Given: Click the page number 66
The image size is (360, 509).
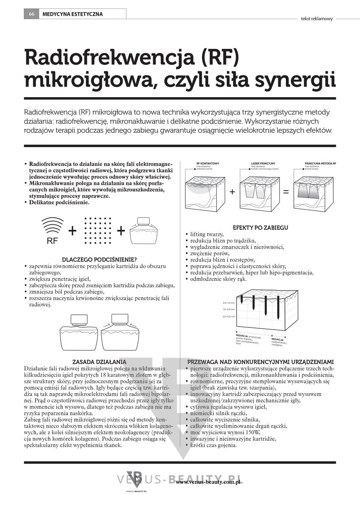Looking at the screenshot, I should [x=31, y=14].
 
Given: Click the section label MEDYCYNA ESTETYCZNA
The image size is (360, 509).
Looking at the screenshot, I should [x=73, y=14].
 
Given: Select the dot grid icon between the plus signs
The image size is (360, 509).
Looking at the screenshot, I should [x=97, y=231].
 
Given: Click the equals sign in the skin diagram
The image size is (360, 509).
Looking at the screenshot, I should [x=286, y=192].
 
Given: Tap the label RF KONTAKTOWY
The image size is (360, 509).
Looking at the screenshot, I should [x=208, y=163].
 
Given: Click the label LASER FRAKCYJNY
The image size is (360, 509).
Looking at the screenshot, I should [x=263, y=163].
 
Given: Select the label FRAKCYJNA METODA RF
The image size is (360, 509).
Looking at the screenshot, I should [x=320, y=163].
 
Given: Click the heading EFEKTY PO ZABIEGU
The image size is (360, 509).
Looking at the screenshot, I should [x=260, y=228].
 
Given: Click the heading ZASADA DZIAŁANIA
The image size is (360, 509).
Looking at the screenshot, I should [x=99, y=362].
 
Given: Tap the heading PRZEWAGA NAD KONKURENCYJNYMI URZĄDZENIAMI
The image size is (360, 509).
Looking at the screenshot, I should [x=260, y=362].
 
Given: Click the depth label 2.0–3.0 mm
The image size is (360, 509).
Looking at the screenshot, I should [x=229, y=317].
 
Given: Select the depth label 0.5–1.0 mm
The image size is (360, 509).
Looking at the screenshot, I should [x=229, y=303].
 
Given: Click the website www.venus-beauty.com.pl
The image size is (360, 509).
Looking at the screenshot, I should [x=208, y=482].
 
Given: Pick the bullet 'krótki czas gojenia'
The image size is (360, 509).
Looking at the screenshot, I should [x=214, y=445].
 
